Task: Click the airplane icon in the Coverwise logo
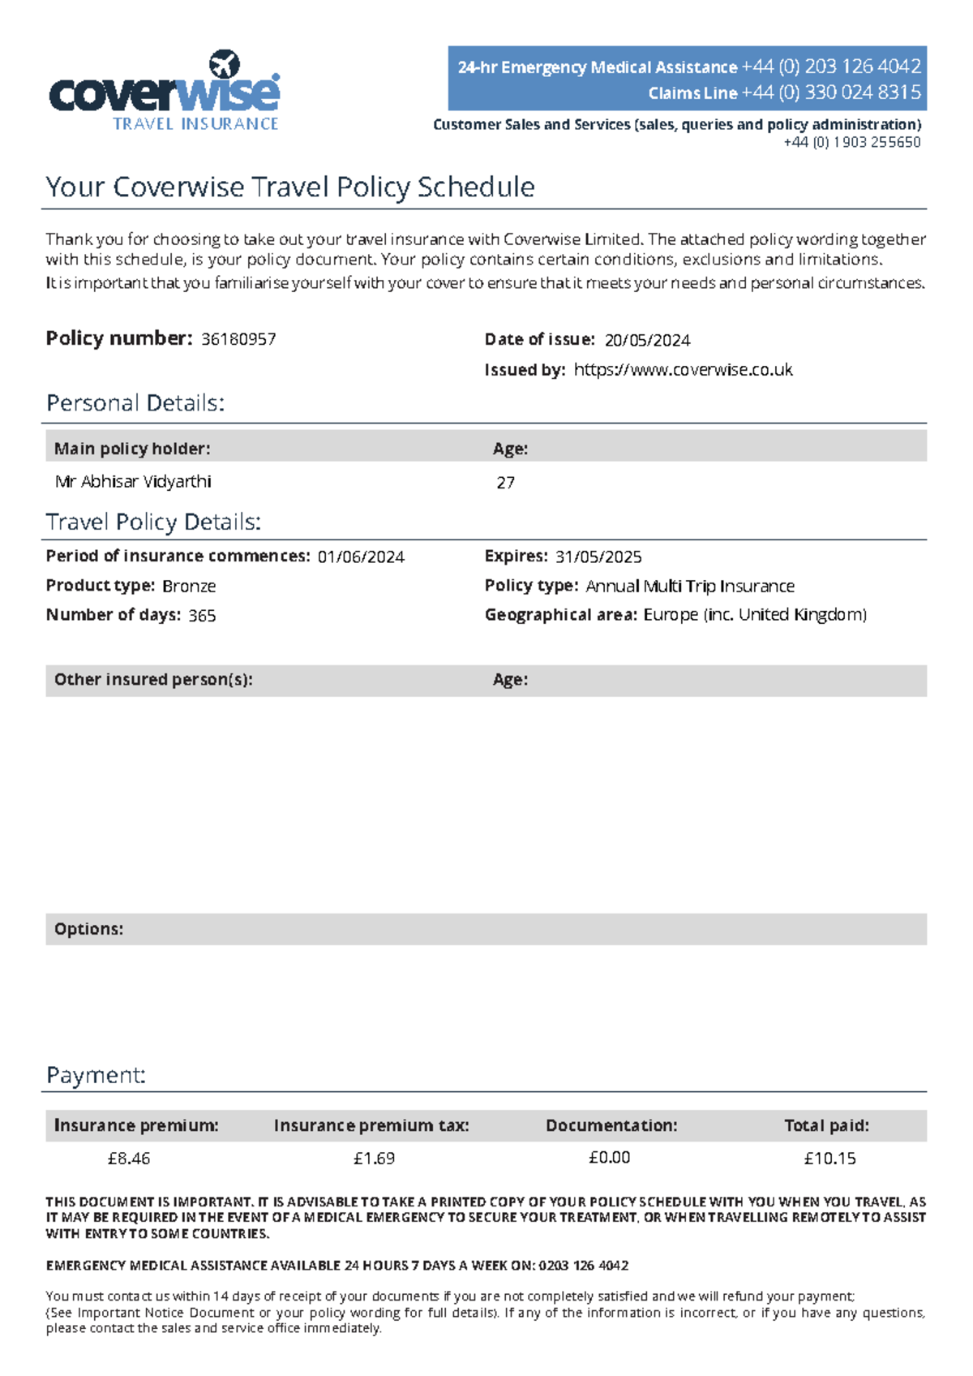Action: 225,64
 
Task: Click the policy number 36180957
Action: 238,339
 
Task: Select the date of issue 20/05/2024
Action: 647,340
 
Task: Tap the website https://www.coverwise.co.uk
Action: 683,370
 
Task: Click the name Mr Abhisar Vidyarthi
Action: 133,482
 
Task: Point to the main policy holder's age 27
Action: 505,483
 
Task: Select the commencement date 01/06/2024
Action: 361,557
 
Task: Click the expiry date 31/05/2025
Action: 598,557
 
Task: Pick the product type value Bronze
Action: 189,586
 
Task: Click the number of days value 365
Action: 202,615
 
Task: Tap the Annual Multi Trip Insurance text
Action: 690,586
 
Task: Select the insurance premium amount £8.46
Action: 129,1159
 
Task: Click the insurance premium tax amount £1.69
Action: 374,1159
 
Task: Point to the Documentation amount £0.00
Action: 609,1158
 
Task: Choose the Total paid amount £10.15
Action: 829,1159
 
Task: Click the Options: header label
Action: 88,929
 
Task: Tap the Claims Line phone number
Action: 831,92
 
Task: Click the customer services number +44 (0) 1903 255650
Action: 851,142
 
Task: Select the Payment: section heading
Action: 96,1075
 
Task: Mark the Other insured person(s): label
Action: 153,680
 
